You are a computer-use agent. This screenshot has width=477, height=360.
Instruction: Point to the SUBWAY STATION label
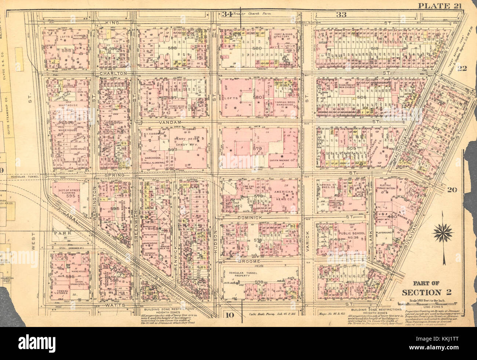click(x=308, y=22)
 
